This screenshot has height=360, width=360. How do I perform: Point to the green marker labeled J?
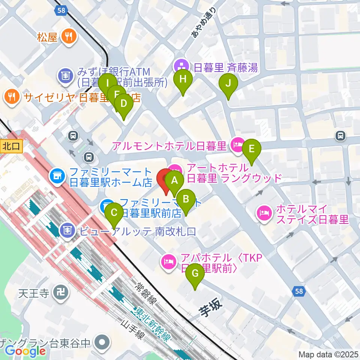coord(228,84)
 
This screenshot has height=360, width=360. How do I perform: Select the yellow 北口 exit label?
coord(10,146)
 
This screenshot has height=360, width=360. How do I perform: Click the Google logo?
coord(25,351)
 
